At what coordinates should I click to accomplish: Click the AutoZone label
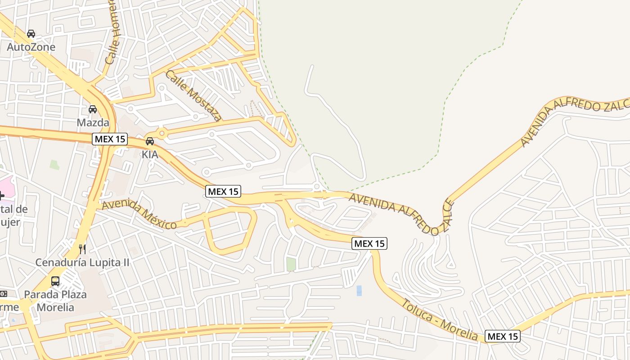click(x=31, y=47)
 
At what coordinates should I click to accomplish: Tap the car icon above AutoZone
click(x=31, y=34)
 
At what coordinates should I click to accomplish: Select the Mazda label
click(x=93, y=122)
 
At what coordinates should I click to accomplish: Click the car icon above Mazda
click(x=93, y=109)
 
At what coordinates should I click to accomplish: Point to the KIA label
click(x=150, y=154)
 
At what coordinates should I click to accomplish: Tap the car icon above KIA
click(x=150, y=141)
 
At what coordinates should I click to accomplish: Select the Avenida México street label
click(x=139, y=215)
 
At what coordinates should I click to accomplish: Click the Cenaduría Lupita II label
click(x=82, y=262)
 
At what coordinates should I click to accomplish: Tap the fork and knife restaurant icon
click(x=82, y=249)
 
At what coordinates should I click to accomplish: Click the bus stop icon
click(x=55, y=281)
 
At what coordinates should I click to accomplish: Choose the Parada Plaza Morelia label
click(x=55, y=301)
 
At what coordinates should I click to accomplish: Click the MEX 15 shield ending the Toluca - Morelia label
click(x=503, y=336)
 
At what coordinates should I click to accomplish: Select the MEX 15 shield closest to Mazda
click(x=110, y=139)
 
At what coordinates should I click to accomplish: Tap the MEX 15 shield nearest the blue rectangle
click(x=369, y=243)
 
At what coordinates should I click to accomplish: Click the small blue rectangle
click(x=359, y=290)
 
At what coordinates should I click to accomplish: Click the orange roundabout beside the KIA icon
click(x=162, y=133)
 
